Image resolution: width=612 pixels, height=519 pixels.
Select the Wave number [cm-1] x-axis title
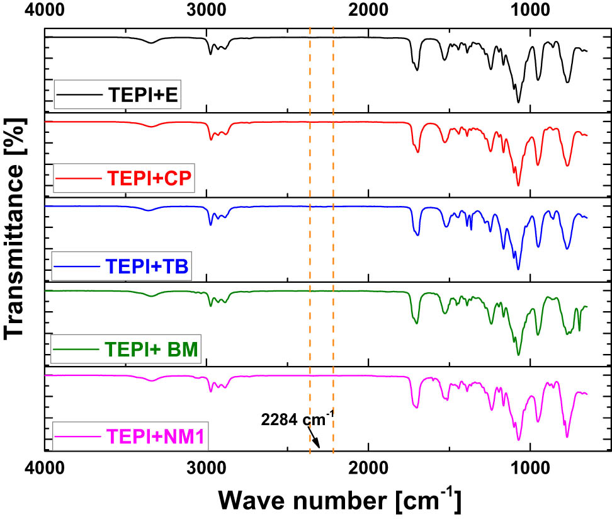tap(340, 499)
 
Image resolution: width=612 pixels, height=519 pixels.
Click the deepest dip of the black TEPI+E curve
tap(518, 102)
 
